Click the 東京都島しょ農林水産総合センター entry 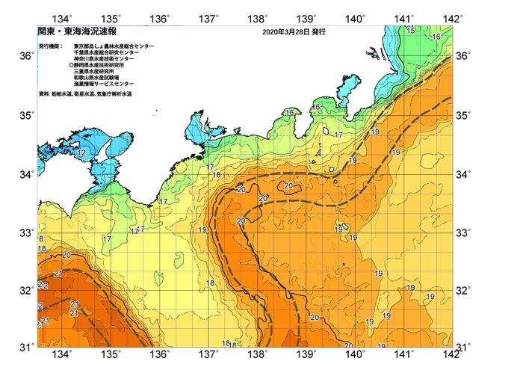click(114, 46)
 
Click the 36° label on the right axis click(463, 56)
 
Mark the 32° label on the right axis click(463, 289)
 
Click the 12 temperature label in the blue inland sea click(80, 152)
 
